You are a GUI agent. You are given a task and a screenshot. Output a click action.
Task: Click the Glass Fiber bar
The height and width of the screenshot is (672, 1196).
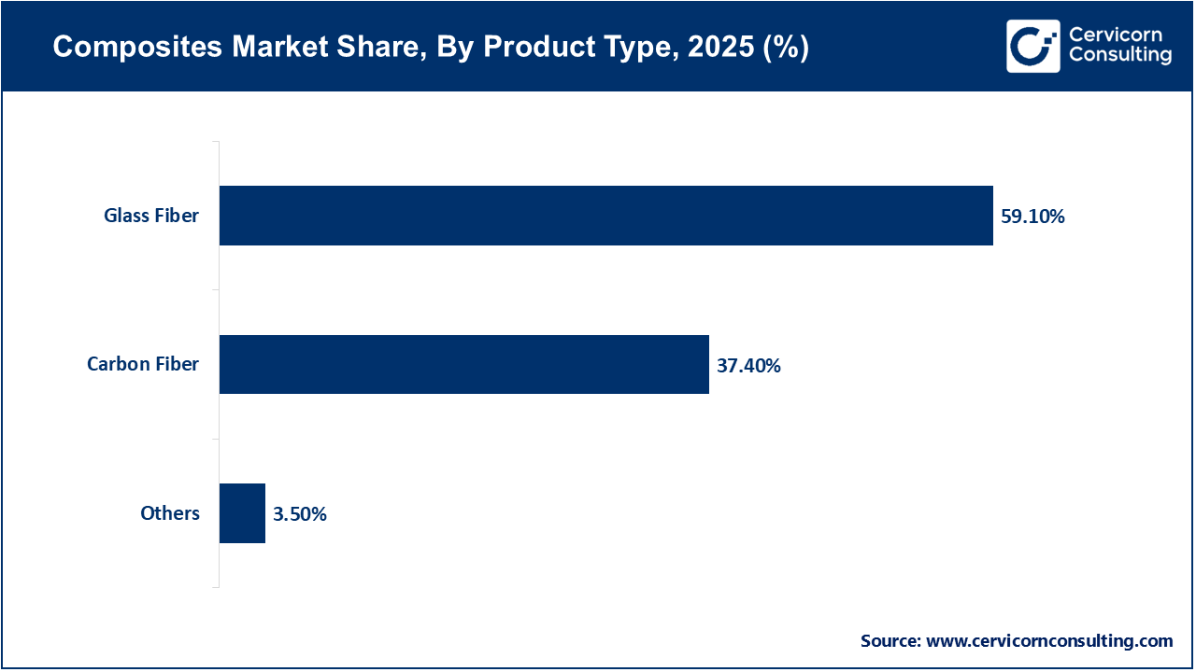(x=605, y=216)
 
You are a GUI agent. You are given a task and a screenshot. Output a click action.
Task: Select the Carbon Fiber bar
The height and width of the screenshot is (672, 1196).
(x=463, y=364)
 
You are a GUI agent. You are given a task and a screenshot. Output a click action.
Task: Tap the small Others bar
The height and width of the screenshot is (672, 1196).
(x=242, y=513)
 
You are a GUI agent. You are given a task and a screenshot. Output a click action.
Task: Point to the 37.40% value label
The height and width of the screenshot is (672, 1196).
(x=748, y=365)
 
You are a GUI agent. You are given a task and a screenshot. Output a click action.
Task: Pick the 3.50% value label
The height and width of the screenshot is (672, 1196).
(x=300, y=513)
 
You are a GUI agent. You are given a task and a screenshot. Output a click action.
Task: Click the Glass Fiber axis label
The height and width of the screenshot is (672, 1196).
(x=150, y=216)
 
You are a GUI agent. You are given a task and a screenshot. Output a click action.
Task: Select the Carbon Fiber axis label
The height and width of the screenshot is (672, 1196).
(x=143, y=364)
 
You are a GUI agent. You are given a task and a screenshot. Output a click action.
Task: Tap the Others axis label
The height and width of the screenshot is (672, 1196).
(x=170, y=513)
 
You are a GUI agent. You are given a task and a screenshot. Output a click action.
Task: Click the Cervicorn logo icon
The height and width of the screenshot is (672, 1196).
(x=1033, y=46)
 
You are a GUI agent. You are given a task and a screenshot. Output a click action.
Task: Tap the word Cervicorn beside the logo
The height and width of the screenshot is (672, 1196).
(x=1116, y=35)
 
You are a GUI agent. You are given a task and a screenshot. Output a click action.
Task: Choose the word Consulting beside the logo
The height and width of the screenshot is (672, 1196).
(x=1119, y=56)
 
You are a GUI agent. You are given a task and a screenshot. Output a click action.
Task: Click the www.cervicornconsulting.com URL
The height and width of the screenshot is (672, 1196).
(x=1049, y=641)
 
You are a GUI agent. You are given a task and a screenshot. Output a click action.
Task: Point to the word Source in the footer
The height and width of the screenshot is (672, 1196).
(x=890, y=641)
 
